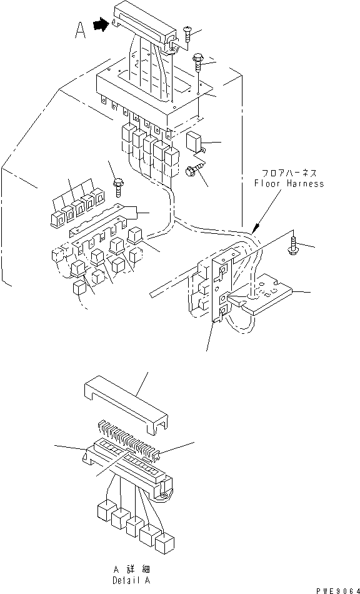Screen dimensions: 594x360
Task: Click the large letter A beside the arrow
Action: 80,30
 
